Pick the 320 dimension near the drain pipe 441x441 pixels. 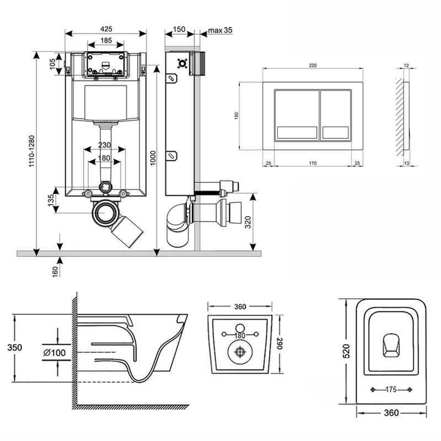248,221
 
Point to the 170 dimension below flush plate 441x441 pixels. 313,163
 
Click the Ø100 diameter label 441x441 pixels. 53,351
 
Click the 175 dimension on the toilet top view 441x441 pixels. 390,390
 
